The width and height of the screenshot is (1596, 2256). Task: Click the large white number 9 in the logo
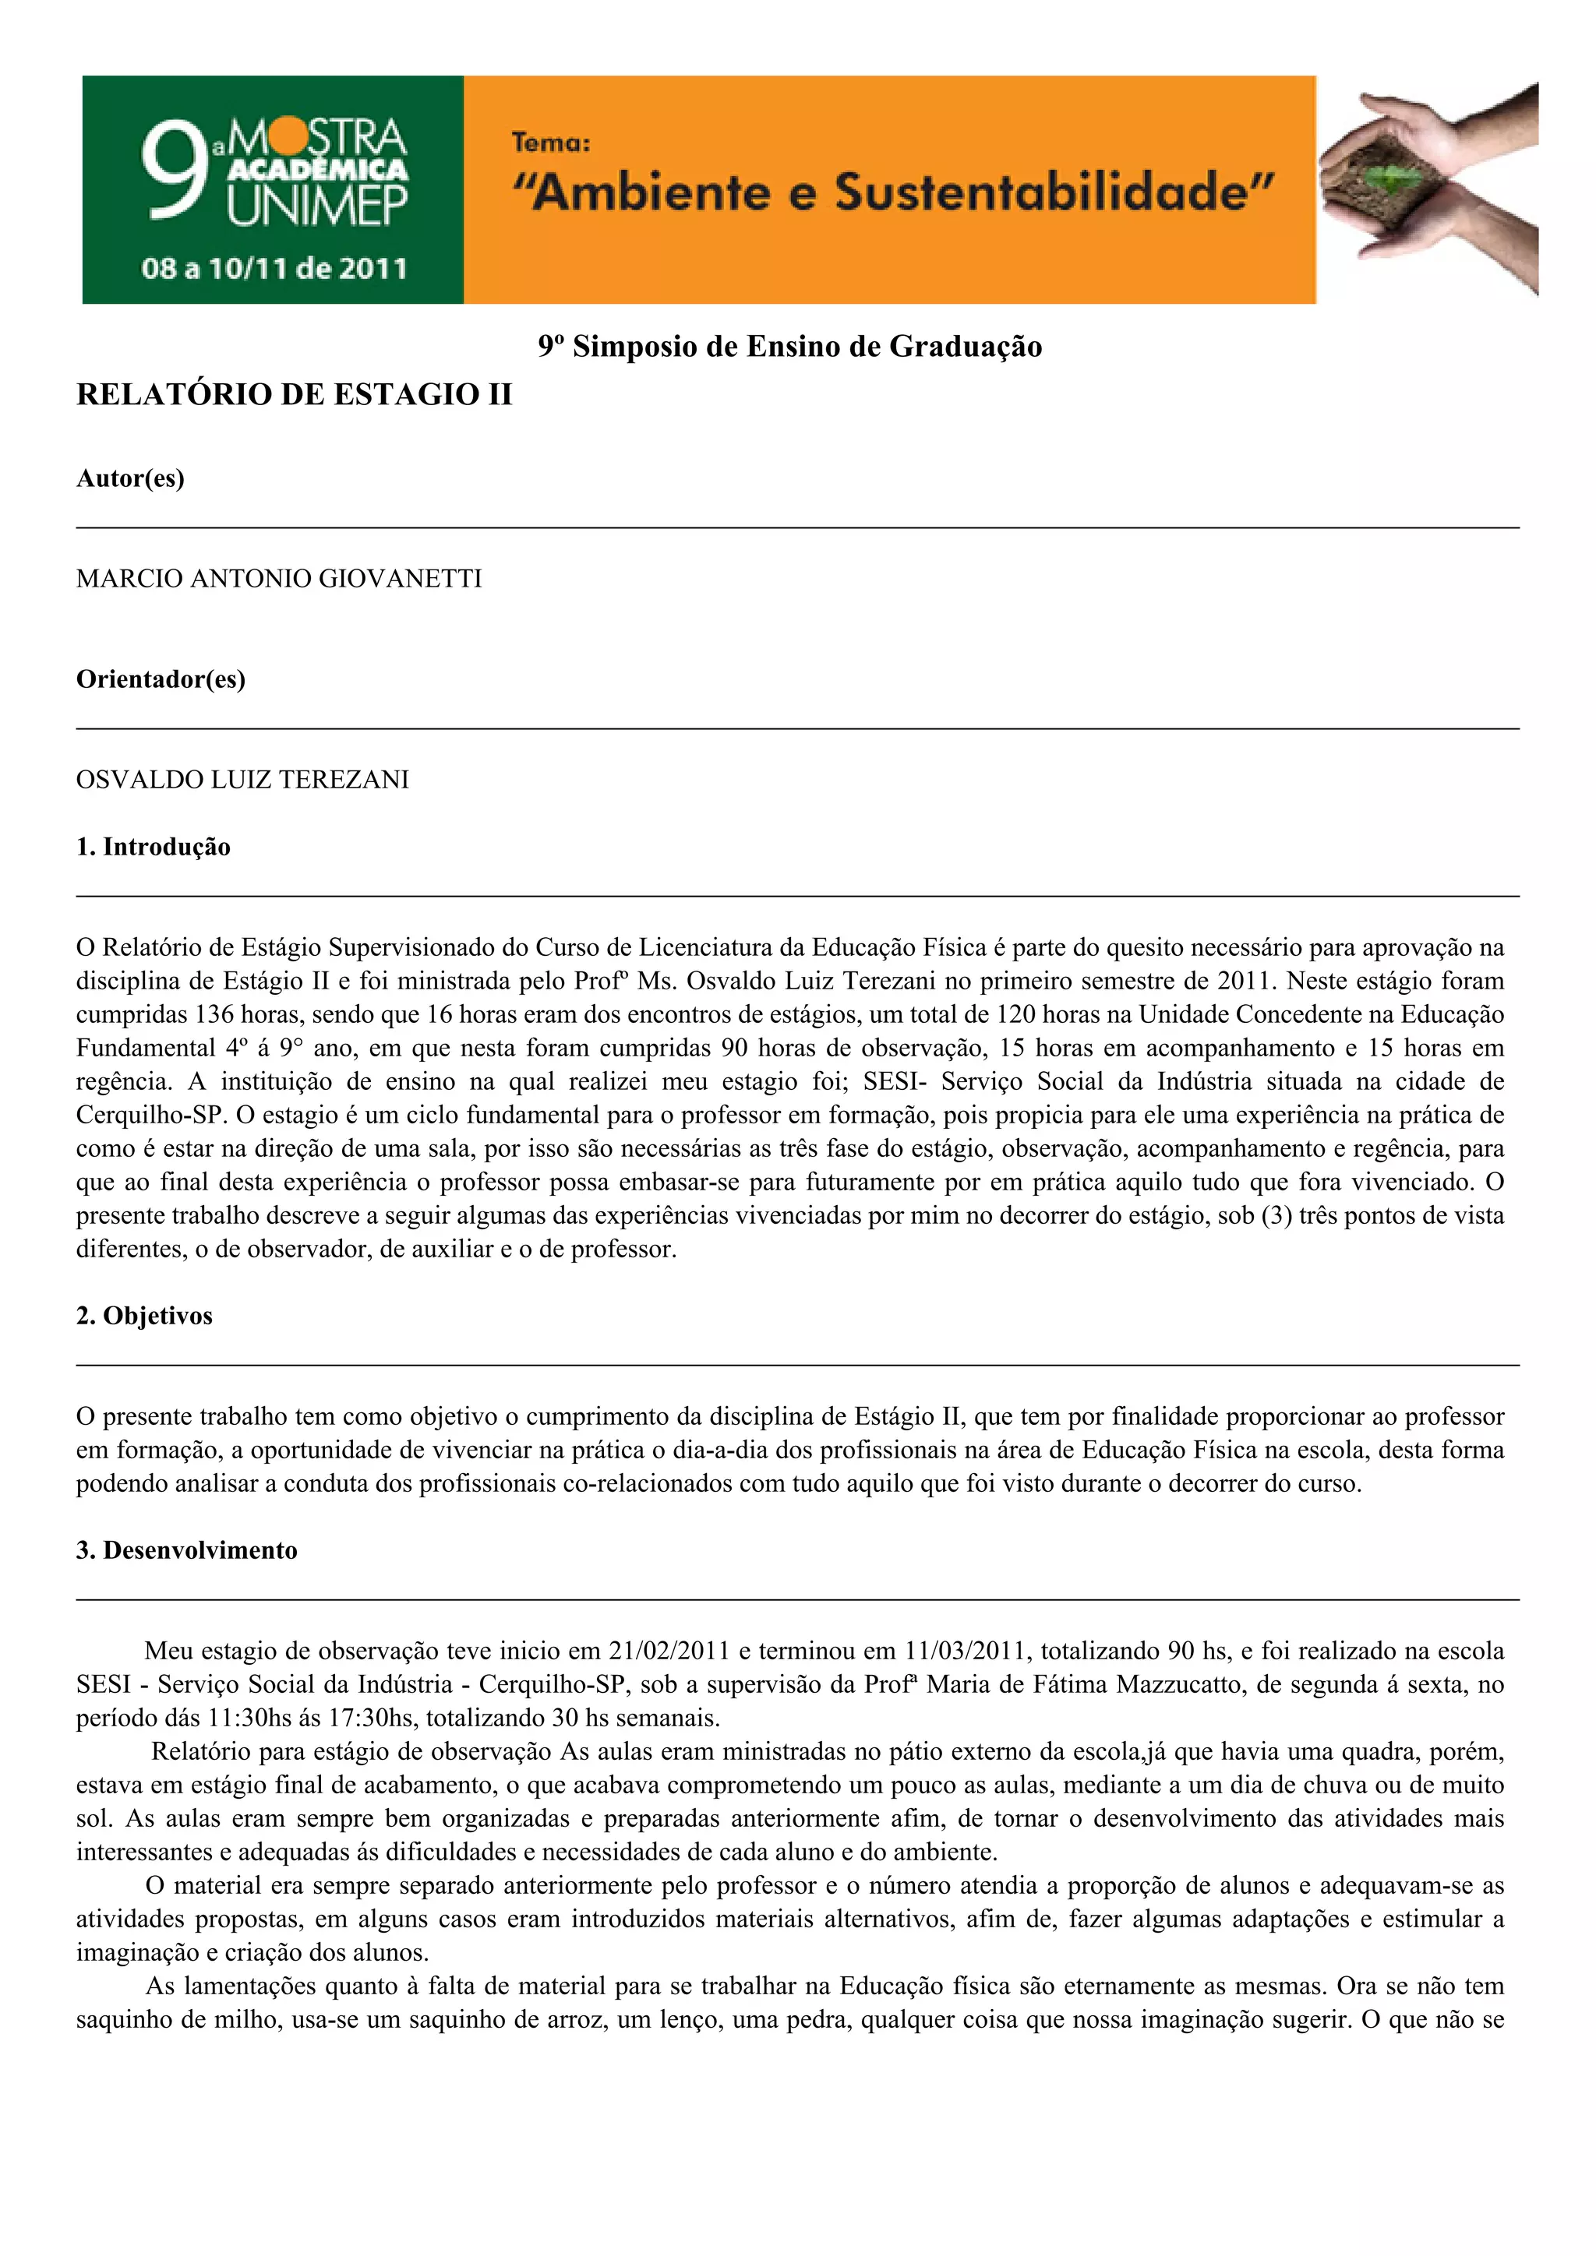175,174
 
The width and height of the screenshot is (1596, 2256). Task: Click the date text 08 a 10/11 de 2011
274,268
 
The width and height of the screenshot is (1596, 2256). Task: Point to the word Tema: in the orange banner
550,143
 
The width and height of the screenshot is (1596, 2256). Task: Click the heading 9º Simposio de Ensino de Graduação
789,346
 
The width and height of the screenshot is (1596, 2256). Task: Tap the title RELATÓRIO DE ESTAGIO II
294,394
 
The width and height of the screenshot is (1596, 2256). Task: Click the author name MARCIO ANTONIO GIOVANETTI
279,579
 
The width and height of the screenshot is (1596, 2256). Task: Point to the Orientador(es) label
161,679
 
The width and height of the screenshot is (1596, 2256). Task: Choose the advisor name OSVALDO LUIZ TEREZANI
242,780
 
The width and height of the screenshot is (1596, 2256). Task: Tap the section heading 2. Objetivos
144,1316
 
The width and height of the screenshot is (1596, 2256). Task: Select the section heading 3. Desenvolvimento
187,1550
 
